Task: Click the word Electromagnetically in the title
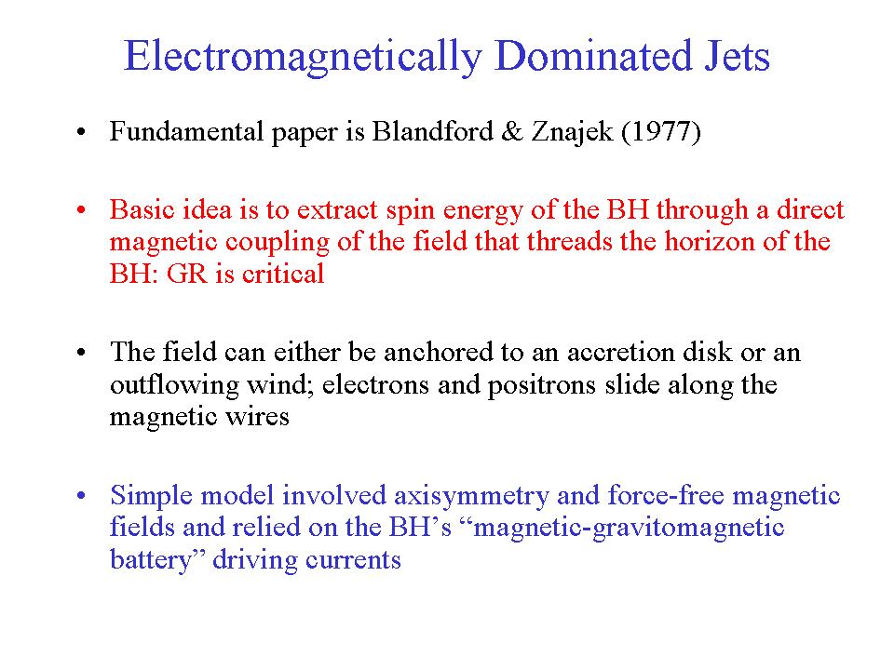tap(304, 58)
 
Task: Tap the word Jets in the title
tap(738, 57)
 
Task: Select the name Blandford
tap(433, 131)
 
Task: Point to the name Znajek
tap(572, 132)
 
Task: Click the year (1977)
tap(661, 132)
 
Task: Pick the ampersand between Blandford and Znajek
tap(512, 131)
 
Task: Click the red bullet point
tap(81, 210)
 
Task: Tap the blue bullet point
tap(81, 495)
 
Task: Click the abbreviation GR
tap(186, 274)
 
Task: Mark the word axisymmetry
tap(471, 496)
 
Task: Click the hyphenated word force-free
tap(666, 494)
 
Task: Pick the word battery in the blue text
tap(151, 559)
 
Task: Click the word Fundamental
tap(186, 131)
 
